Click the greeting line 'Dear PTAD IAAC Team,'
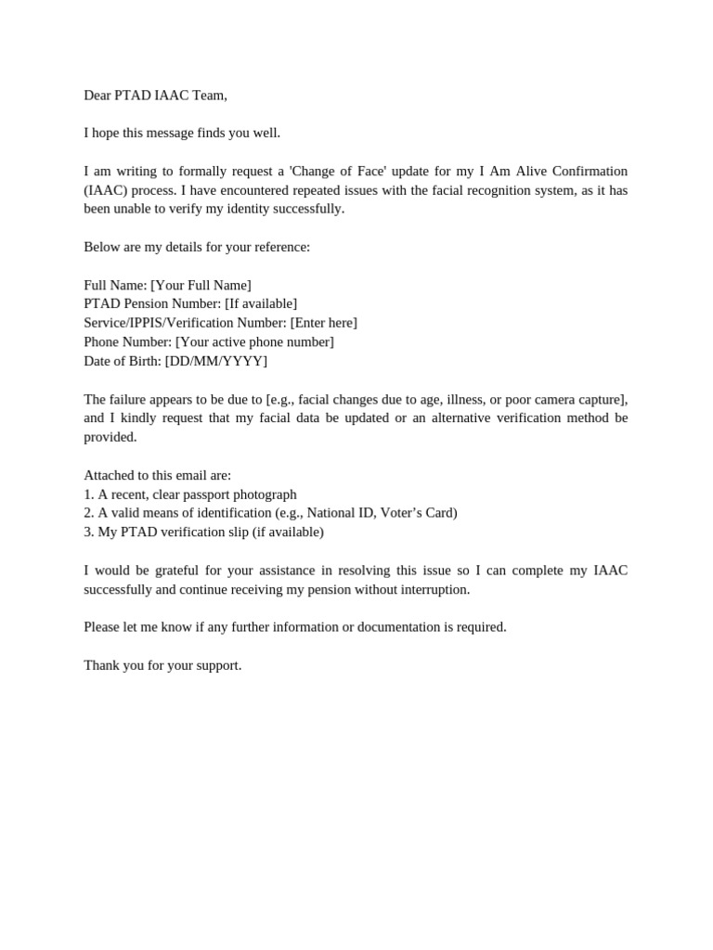tap(155, 95)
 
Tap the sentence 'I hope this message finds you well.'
tap(182, 133)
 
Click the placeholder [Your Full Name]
tap(201, 285)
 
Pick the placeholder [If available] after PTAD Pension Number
tap(261, 303)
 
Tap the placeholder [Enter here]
tap(323, 323)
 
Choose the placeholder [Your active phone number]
tap(254, 341)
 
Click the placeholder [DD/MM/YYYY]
tap(215, 361)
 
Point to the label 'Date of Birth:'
tap(123, 361)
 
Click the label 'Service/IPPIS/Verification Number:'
tap(185, 323)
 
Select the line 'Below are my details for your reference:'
tap(197, 247)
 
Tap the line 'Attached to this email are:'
tap(157, 475)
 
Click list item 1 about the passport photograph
tap(190, 494)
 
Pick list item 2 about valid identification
tap(270, 513)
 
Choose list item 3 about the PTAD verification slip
tap(203, 533)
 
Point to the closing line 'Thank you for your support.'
tap(162, 665)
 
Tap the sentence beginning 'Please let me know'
tap(295, 627)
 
